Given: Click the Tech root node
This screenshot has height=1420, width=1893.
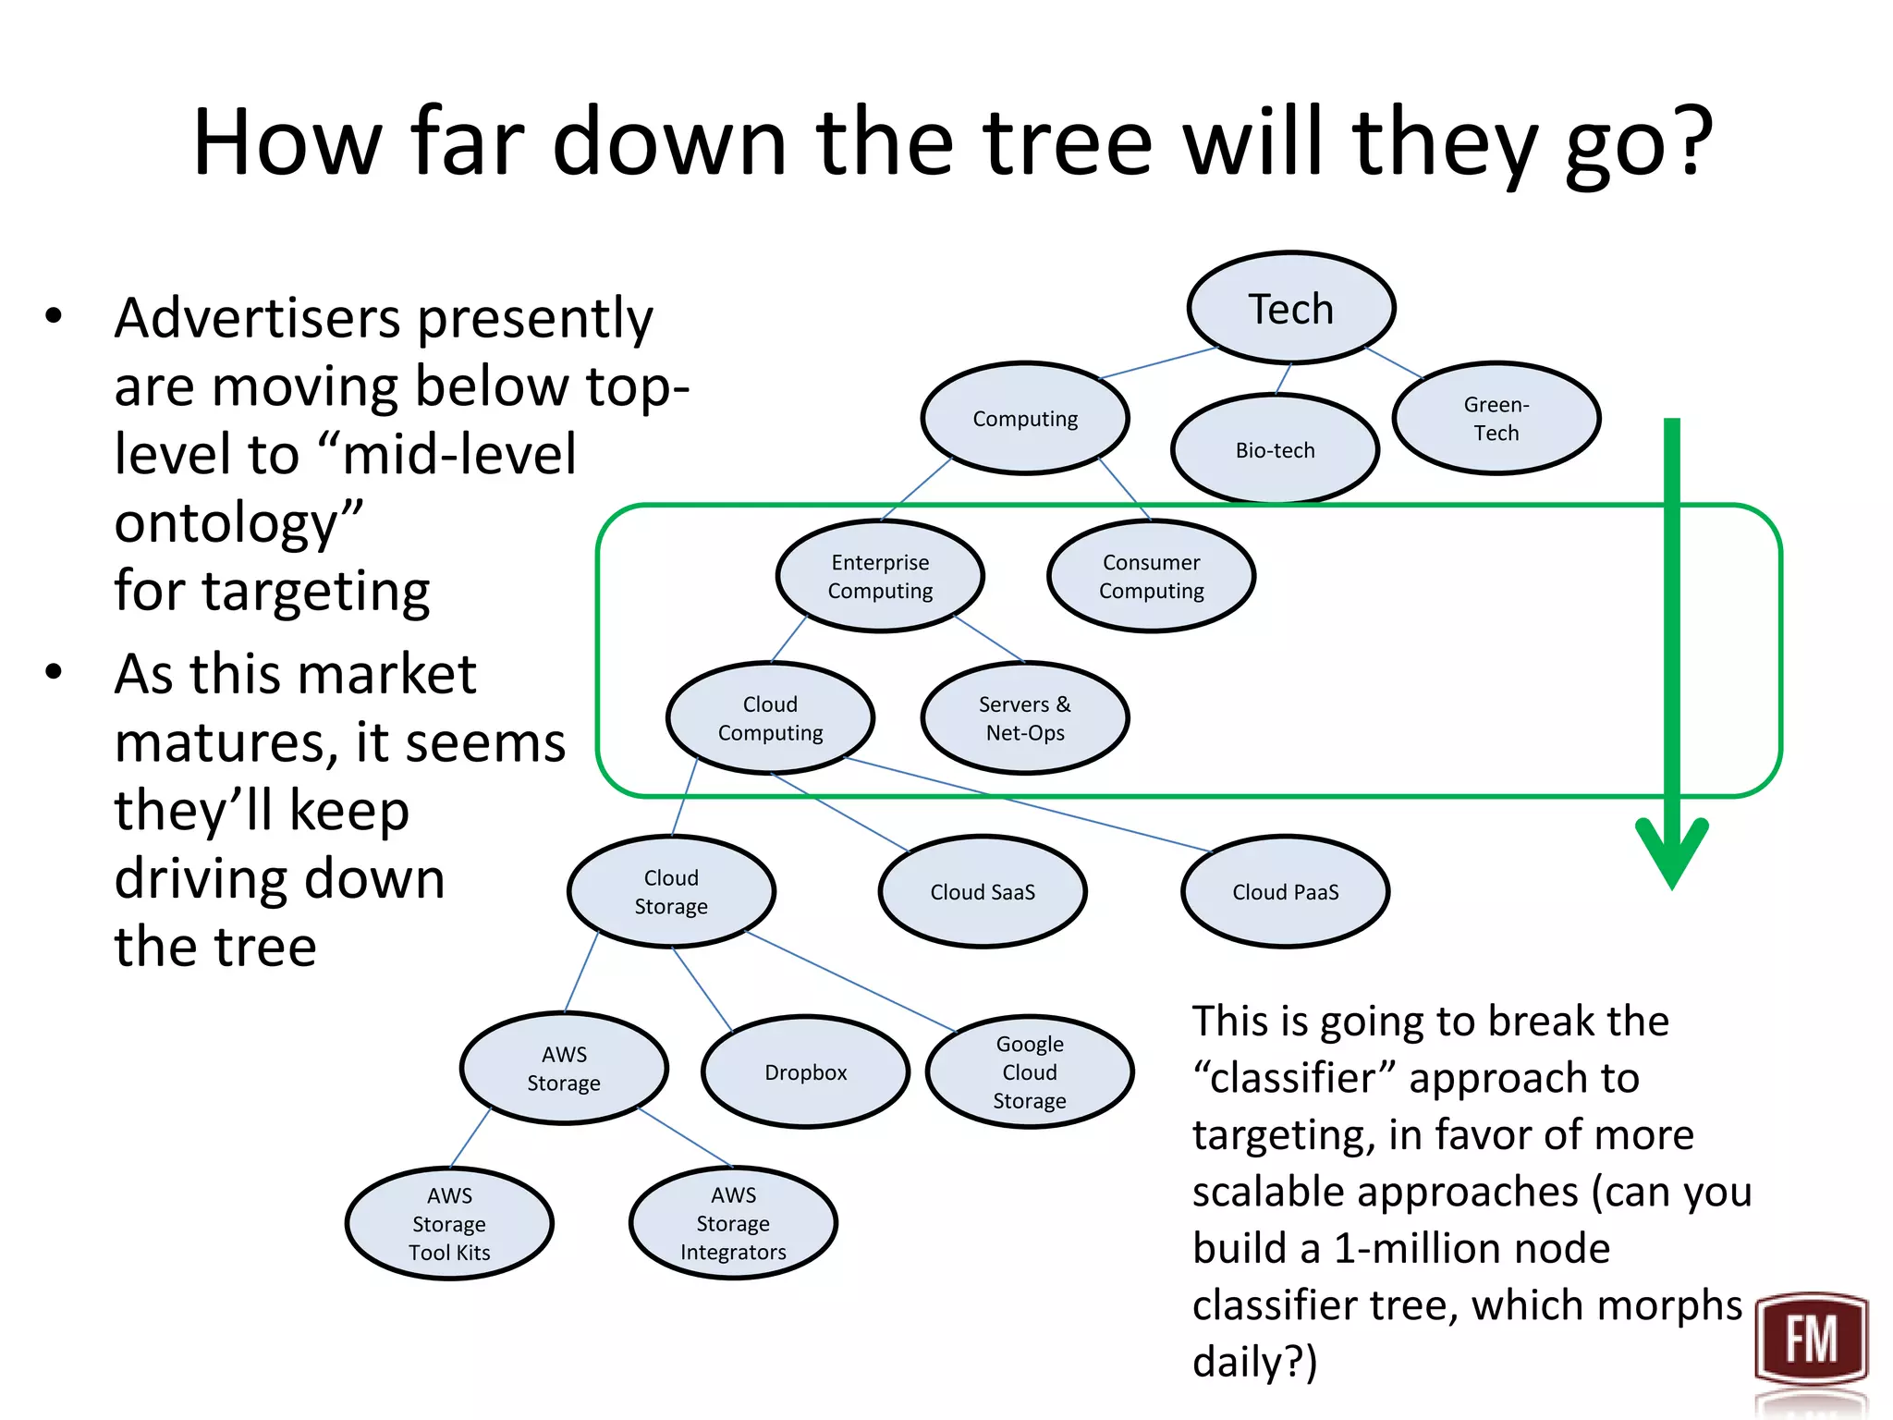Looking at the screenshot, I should point(1290,308).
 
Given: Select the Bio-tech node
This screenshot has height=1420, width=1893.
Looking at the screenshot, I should point(1275,449).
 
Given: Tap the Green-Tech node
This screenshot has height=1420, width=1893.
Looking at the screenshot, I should point(1496,418).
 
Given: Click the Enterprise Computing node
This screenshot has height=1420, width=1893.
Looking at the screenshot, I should point(880,576).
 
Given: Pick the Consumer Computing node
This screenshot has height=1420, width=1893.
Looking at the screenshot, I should point(1151,576).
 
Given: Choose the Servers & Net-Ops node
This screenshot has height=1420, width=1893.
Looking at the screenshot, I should point(1024,717).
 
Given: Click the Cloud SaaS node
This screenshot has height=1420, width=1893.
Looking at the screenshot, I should point(982,891).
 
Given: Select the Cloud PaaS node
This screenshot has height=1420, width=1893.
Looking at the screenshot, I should point(1285,891).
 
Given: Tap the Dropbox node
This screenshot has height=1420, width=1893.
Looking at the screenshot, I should point(805,1071).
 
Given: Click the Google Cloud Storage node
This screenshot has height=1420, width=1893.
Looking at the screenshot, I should point(1029,1071).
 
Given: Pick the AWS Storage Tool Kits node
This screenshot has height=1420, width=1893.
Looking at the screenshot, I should point(449,1223).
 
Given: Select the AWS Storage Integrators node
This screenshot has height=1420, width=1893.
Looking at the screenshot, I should point(733,1223).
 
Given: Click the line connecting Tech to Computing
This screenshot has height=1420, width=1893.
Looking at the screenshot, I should point(1158,363).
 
